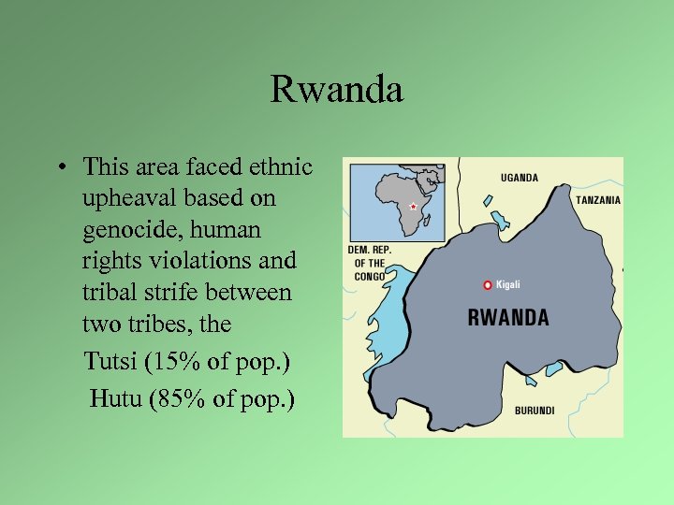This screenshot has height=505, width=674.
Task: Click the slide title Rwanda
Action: point(337,90)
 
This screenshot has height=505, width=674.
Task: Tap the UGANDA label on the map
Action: point(520,178)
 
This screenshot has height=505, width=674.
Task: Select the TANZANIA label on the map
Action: point(597,200)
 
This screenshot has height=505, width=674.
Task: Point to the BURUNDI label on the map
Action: point(535,410)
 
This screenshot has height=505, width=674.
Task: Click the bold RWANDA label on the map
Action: point(508,317)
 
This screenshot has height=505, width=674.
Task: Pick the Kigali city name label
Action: point(508,284)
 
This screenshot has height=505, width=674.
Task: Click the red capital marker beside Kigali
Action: point(487,284)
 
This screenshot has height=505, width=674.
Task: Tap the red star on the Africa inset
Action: point(413,206)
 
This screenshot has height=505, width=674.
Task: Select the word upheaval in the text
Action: point(122,198)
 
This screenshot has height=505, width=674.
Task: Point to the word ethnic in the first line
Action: point(281,167)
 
